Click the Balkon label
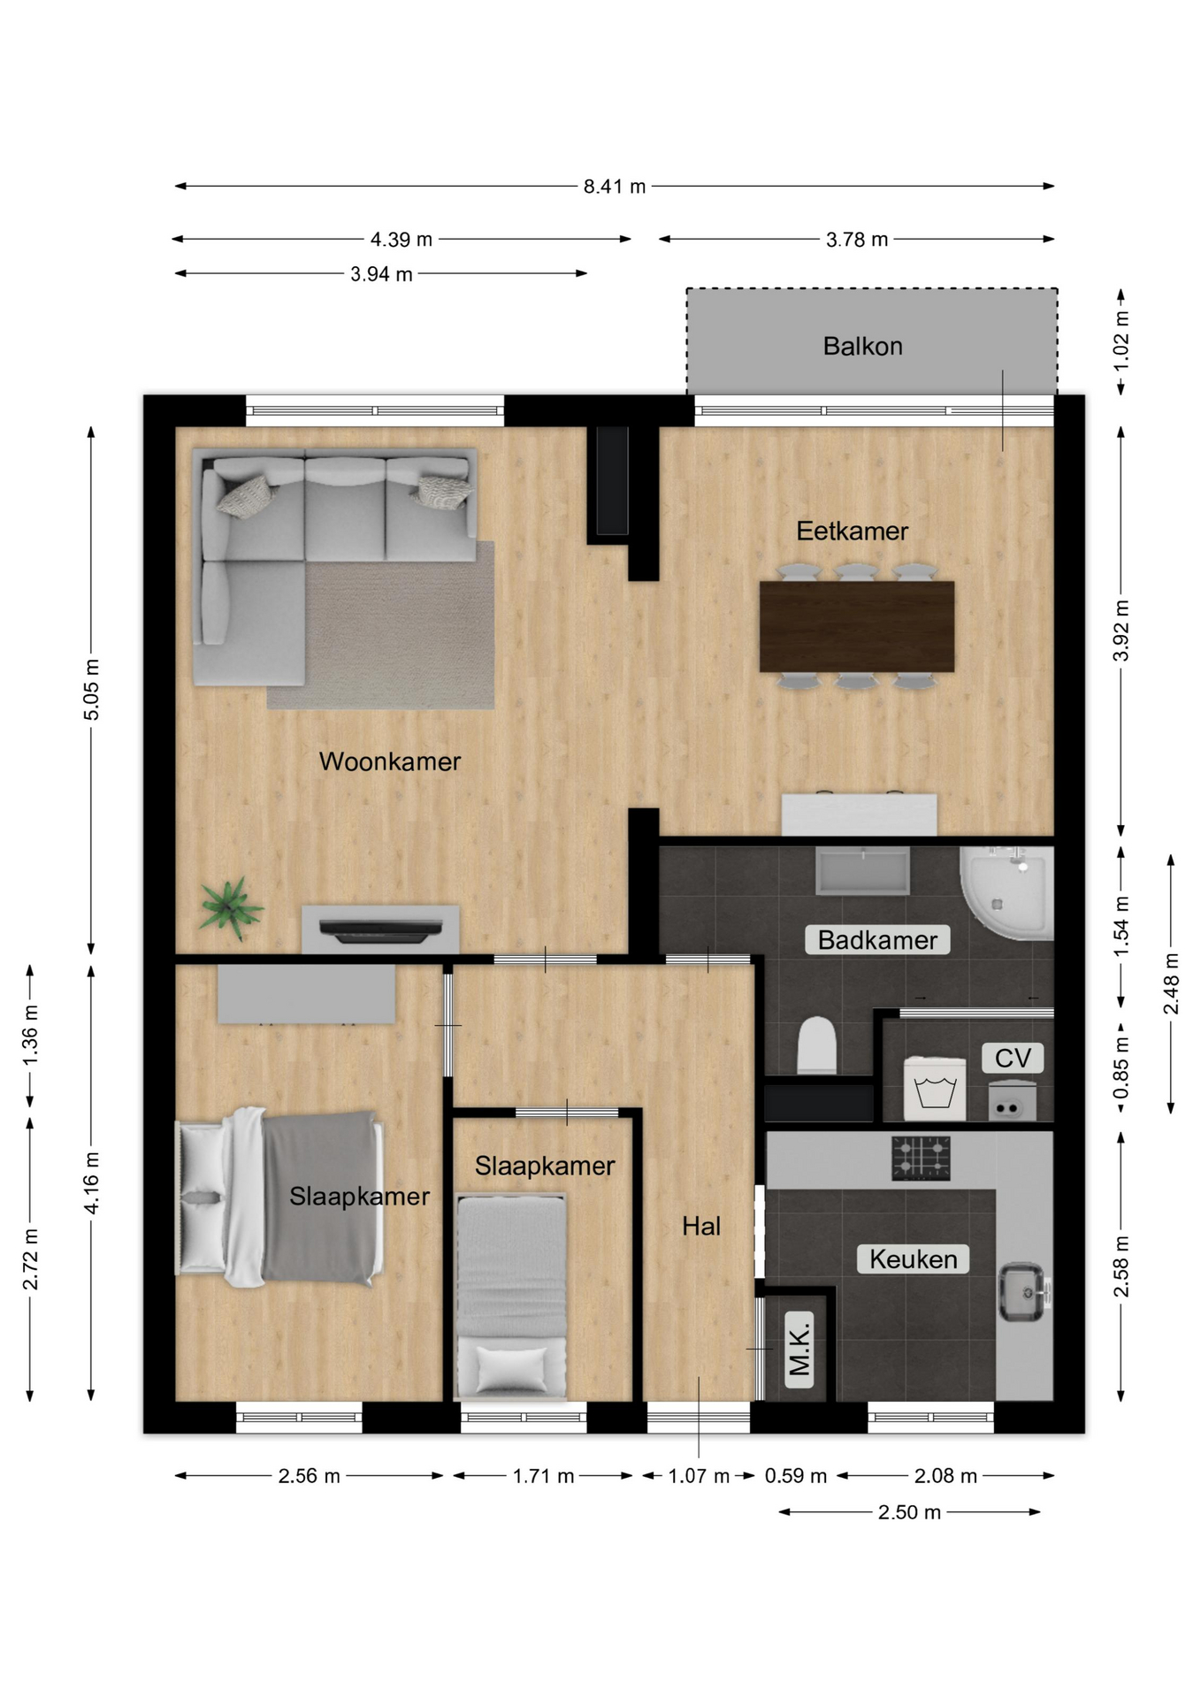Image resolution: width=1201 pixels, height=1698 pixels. (x=862, y=346)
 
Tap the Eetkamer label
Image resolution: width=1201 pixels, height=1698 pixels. (x=852, y=531)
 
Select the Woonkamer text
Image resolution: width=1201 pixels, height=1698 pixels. (x=389, y=761)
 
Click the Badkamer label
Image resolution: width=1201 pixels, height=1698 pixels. (x=877, y=940)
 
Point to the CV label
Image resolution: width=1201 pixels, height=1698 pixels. (x=1013, y=1058)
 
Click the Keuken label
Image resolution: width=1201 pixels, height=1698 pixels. (x=913, y=1259)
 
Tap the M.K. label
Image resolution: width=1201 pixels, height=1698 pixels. (x=799, y=1349)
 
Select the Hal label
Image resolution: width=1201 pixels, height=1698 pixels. (x=701, y=1226)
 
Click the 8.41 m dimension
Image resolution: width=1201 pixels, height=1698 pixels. (x=615, y=187)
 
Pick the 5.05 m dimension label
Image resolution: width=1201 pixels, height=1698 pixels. (x=92, y=689)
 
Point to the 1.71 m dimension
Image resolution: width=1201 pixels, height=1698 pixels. (x=543, y=1476)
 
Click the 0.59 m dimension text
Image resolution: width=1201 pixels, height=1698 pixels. (x=796, y=1476)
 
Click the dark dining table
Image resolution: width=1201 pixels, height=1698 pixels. (x=857, y=626)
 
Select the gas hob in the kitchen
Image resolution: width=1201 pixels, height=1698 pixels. (x=921, y=1159)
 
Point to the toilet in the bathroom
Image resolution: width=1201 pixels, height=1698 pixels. (x=817, y=1045)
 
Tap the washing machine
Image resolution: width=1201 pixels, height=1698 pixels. (x=935, y=1088)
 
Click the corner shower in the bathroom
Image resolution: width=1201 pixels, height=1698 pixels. (x=1007, y=893)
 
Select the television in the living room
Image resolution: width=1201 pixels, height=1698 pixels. (x=380, y=930)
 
